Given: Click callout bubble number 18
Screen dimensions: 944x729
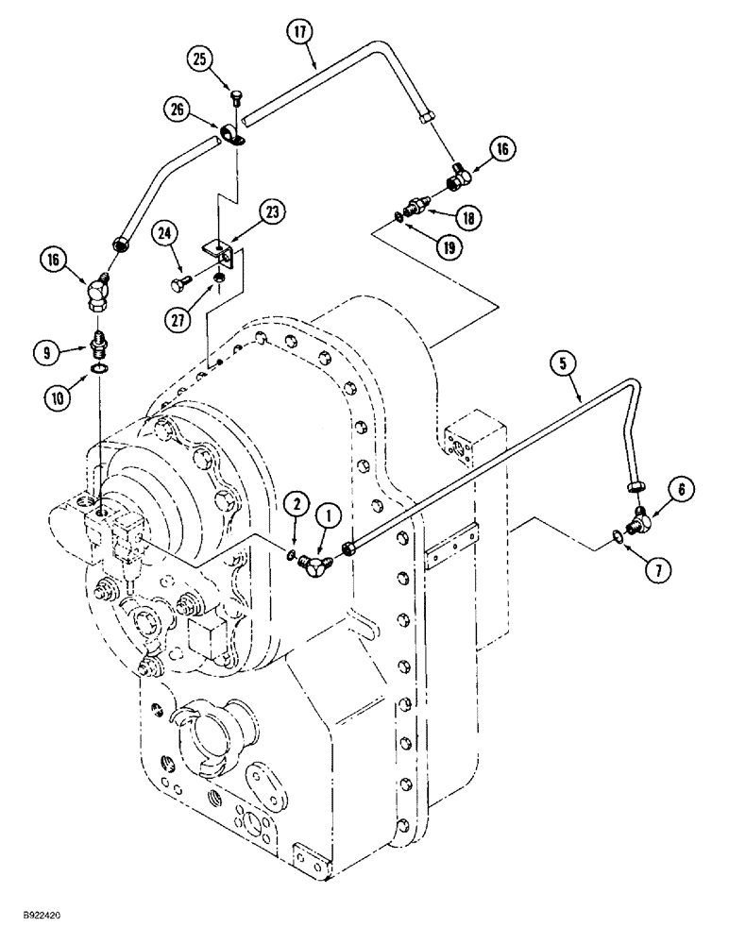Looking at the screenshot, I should click(468, 218).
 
